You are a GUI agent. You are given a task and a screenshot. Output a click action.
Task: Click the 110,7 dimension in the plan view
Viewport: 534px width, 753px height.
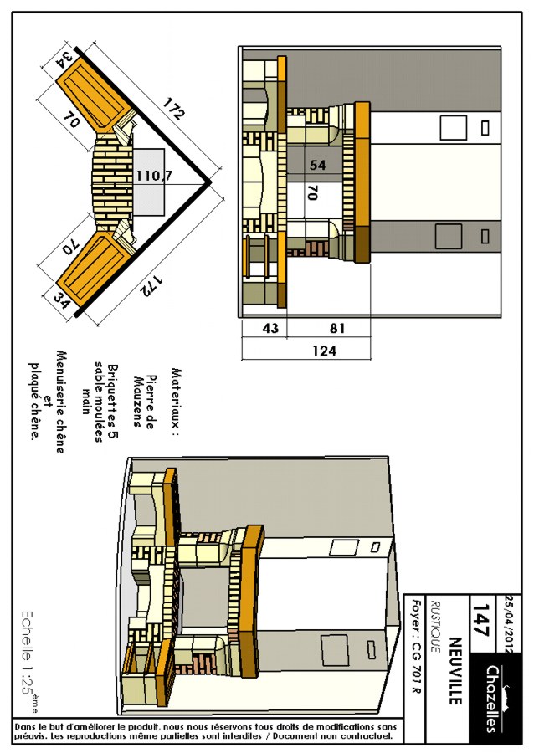pyautogui.click(x=153, y=176)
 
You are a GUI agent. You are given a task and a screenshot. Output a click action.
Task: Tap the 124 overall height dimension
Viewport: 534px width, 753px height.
pyautogui.click(x=324, y=351)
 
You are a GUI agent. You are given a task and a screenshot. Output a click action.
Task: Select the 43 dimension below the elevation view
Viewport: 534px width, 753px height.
pyautogui.click(x=270, y=328)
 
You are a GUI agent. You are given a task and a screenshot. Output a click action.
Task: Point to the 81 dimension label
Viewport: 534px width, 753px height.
pyautogui.click(x=337, y=328)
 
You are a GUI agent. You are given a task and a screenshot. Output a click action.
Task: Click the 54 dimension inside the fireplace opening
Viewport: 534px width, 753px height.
pyautogui.click(x=317, y=165)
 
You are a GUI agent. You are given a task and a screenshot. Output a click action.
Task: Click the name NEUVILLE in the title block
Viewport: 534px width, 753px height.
pyautogui.click(x=454, y=671)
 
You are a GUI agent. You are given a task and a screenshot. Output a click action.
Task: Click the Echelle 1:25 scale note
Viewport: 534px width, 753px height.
pyautogui.click(x=28, y=661)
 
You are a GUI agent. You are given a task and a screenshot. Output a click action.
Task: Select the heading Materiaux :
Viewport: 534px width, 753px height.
pyautogui.click(x=177, y=402)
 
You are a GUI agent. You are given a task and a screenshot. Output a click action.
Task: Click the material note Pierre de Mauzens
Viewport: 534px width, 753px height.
pyautogui.click(x=144, y=401)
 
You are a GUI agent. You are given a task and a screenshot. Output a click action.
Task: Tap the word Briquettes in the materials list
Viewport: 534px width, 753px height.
pyautogui.click(x=113, y=397)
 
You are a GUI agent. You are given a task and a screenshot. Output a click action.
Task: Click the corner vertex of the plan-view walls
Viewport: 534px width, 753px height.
pyautogui.click(x=210, y=182)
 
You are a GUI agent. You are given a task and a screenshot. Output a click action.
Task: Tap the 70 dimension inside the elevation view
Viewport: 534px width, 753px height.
pyautogui.click(x=312, y=193)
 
